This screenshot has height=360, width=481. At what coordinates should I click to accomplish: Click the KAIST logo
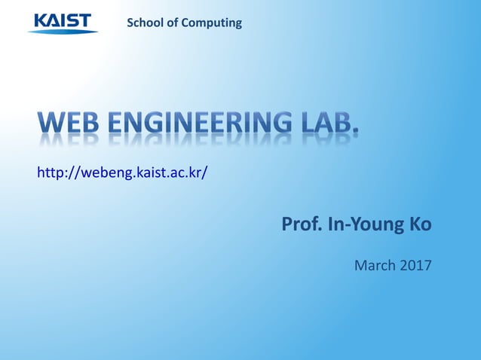coord(63,22)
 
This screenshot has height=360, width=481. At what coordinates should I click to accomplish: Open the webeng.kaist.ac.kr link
coord(122,173)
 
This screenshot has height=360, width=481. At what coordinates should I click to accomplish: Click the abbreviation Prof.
coord(299,224)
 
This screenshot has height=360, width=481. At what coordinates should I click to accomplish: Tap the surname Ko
coord(420,224)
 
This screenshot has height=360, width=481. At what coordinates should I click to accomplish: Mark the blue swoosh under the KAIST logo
coord(63,31)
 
